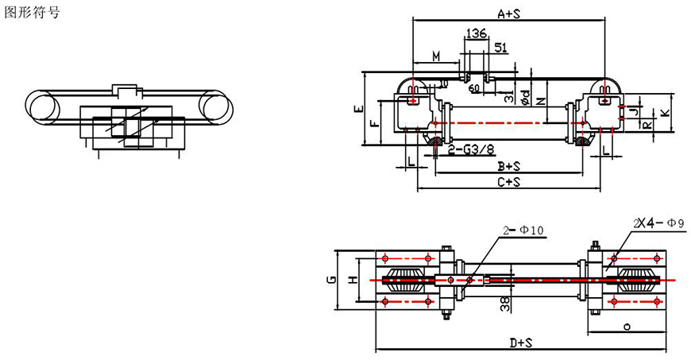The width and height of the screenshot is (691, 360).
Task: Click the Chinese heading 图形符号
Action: click(32, 14)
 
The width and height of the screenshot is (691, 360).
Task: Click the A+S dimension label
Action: click(510, 14)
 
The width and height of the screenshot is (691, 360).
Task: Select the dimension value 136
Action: click(477, 33)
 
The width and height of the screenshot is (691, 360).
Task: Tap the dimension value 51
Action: click(501, 48)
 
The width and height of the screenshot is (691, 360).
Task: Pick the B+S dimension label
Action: click(508, 165)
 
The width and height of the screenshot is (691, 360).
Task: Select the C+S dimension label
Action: click(508, 182)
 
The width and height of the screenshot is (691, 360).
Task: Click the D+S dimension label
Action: click(521, 343)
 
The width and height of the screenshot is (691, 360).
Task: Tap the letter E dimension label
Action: click(359, 109)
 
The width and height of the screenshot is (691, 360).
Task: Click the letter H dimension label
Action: click(353, 279)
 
